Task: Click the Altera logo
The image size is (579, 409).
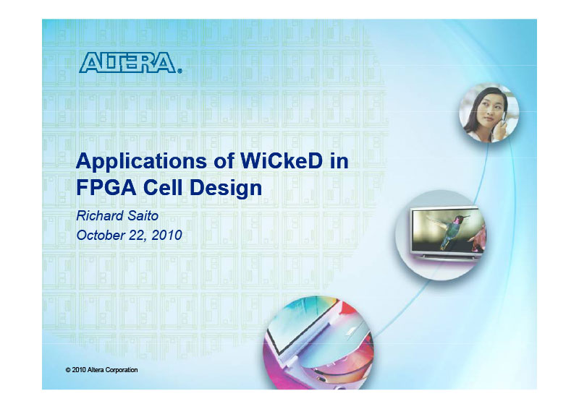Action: [128, 62]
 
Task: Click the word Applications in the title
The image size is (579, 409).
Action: [141, 162]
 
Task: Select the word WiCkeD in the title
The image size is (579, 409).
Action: [282, 161]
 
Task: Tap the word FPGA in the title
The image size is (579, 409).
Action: [106, 187]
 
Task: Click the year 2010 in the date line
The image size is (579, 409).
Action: [167, 235]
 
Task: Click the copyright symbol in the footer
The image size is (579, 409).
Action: [68, 370]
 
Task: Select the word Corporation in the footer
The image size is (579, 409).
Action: [122, 370]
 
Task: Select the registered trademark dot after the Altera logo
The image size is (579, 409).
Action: [179, 72]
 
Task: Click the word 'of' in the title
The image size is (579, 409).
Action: [224, 161]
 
